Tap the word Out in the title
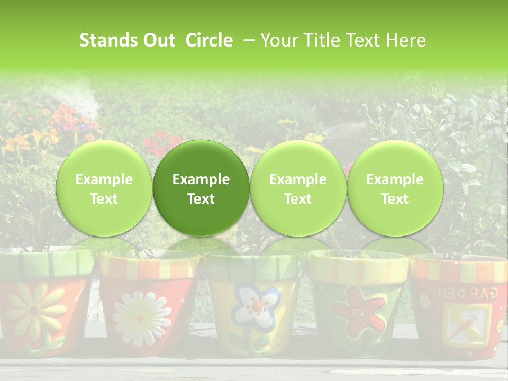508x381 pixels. [x=158, y=40]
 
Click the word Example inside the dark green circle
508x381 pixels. [x=201, y=179]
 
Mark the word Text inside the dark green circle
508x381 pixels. [x=201, y=199]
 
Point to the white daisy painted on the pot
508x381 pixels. [x=139, y=314]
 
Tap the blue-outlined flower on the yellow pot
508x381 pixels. [x=256, y=306]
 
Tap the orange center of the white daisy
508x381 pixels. [x=140, y=318]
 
